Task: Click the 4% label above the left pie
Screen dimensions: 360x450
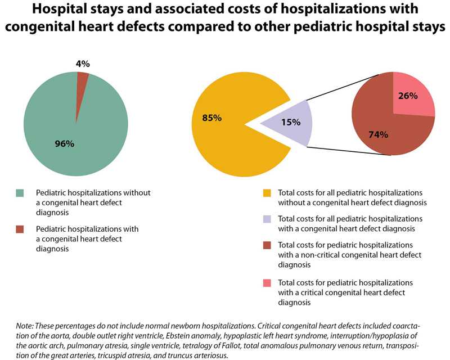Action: (83, 64)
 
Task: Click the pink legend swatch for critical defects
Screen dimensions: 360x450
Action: (267, 283)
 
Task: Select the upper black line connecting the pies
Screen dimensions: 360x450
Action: (332, 87)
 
